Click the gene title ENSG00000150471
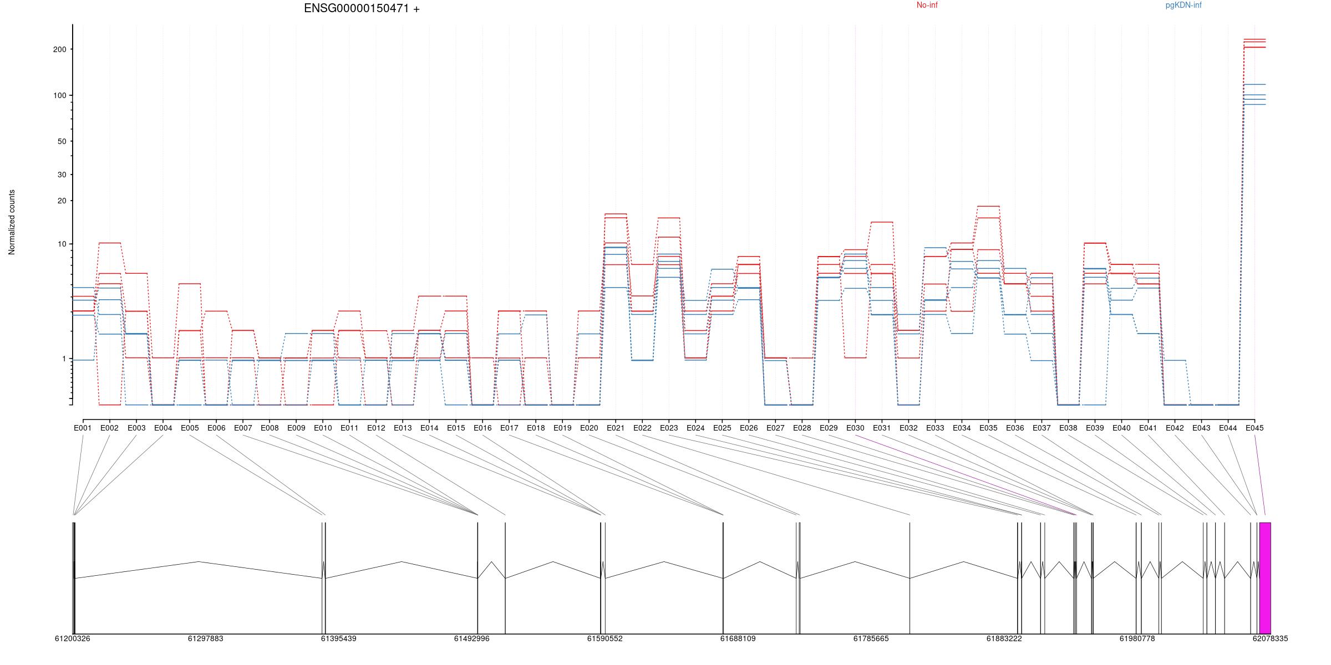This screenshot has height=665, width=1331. pyautogui.click(x=362, y=8)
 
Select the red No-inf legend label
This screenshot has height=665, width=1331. pyautogui.click(x=927, y=6)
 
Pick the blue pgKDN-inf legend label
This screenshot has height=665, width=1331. pyautogui.click(x=1183, y=6)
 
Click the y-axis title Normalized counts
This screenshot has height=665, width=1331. pyautogui.click(x=12, y=222)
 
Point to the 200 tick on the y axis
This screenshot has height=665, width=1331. pyautogui.click(x=59, y=49)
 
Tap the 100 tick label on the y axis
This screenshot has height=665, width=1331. pyautogui.click(x=59, y=95)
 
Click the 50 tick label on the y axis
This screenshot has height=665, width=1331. pyautogui.click(x=62, y=141)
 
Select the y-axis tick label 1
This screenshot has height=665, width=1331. pyautogui.click(x=64, y=359)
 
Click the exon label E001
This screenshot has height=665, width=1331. pyautogui.click(x=83, y=428)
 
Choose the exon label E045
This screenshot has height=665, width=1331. pyautogui.click(x=1254, y=428)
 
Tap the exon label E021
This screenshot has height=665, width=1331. pyautogui.click(x=616, y=428)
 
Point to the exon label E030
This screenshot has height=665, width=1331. pyautogui.click(x=855, y=428)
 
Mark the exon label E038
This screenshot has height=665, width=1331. pyautogui.click(x=1068, y=428)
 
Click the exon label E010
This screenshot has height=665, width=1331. pyautogui.click(x=323, y=428)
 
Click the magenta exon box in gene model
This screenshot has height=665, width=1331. pyautogui.click(x=1265, y=577)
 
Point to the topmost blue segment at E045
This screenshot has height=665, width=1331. pyautogui.click(x=1254, y=84)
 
